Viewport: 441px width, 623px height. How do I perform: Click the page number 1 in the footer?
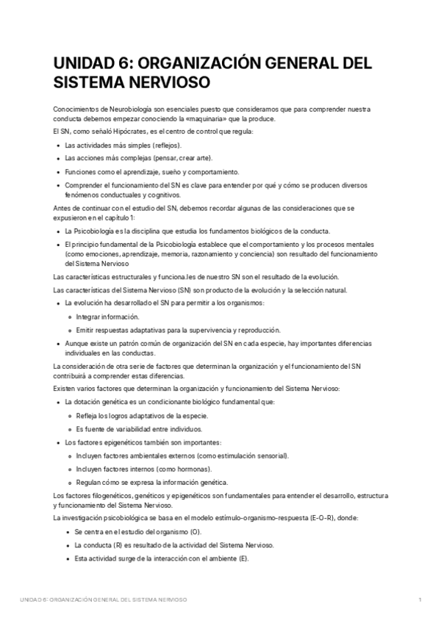click(x=420, y=600)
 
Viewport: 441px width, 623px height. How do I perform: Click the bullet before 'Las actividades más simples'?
click(x=58, y=145)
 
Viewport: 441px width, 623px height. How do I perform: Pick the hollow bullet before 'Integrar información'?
click(x=70, y=317)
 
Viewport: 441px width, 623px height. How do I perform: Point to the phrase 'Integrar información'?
click(x=107, y=317)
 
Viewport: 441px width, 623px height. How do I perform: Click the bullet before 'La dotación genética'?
click(x=58, y=403)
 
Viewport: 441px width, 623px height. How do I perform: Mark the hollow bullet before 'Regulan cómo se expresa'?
click(x=70, y=482)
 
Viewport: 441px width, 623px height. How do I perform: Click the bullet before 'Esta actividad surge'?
click(x=58, y=558)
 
